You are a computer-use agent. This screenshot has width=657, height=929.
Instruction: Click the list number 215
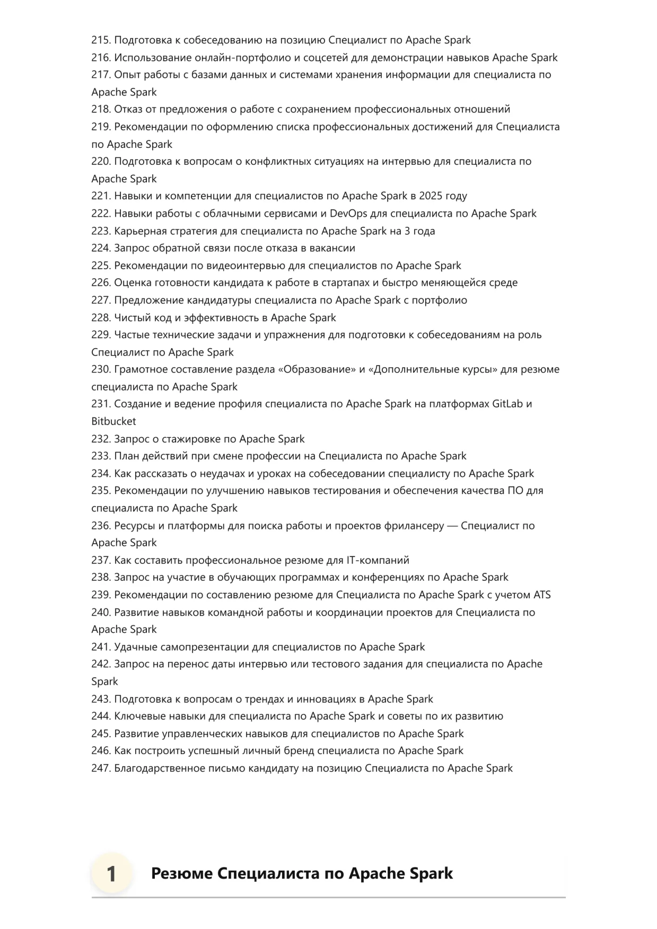point(100,40)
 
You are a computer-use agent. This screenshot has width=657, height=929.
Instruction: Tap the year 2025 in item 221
point(430,196)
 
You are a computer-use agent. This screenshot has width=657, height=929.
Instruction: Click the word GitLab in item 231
point(507,404)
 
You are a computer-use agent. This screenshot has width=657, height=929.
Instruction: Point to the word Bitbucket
point(113,421)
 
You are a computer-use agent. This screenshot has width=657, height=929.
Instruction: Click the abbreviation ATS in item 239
point(542,595)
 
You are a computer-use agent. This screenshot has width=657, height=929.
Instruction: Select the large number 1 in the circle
point(111,874)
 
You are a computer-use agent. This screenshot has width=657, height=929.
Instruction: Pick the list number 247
point(100,768)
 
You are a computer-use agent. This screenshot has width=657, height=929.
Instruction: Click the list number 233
point(100,456)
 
